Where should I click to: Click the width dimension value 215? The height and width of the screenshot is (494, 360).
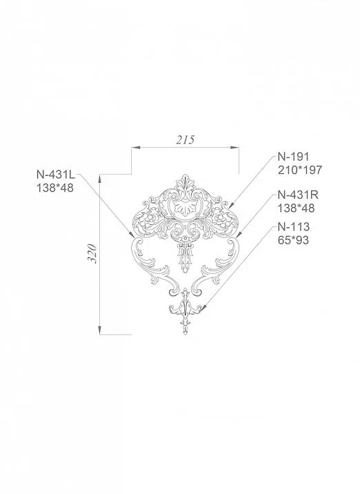[185, 139]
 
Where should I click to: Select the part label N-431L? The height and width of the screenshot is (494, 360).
[56, 175]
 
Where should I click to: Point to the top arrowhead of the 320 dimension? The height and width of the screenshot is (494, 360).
[101, 177]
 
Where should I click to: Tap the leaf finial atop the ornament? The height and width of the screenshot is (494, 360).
[184, 181]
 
